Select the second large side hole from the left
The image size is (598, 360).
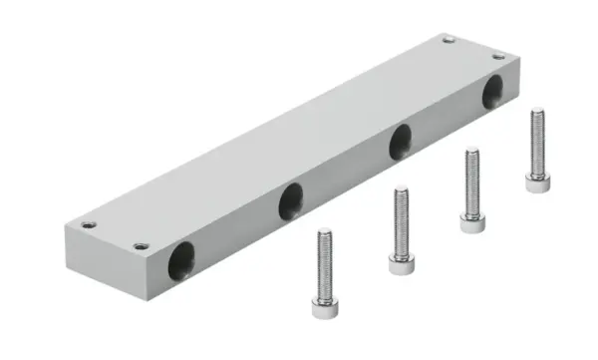click(290, 202)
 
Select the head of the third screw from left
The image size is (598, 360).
click(471, 222)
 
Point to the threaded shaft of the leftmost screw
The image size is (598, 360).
click(324, 263)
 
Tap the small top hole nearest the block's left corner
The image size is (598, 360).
click(90, 224)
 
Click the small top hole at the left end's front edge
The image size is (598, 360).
click(139, 245)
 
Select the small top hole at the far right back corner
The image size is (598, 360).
click(448, 40)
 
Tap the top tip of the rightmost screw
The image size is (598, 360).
click(537, 111)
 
